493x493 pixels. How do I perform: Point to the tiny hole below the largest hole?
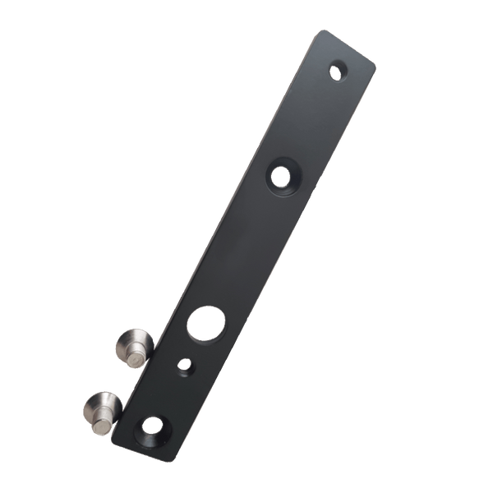coord(185,364)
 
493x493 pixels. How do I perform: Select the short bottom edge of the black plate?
coord(144,449)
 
